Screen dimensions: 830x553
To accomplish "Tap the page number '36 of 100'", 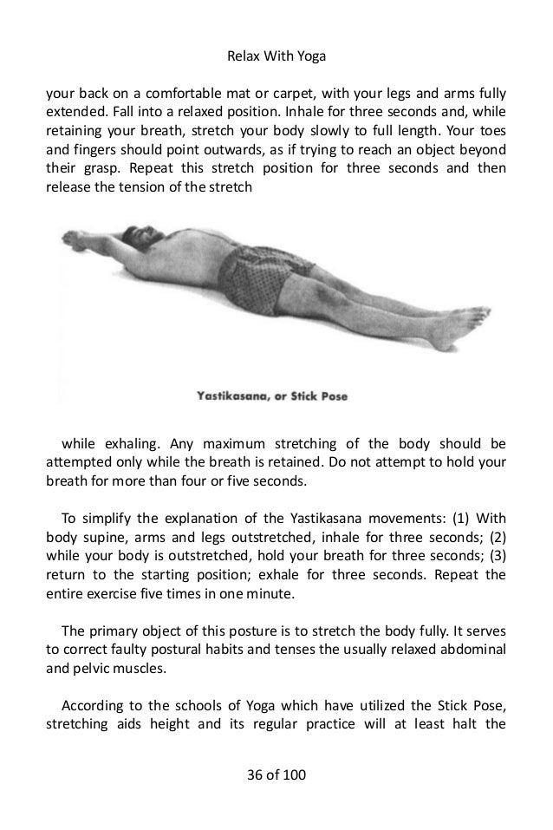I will point(276,770).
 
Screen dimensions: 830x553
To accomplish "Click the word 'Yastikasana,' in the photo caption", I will point(226,397).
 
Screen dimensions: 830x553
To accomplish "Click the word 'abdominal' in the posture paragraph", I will point(466,651).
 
